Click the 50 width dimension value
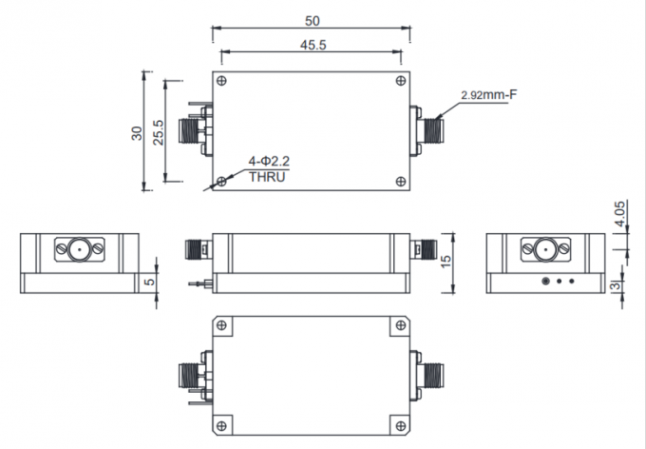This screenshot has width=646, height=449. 312,20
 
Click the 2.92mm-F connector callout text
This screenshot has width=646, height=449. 487,95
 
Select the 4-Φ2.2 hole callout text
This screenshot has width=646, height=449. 268,162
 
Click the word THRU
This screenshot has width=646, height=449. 266,177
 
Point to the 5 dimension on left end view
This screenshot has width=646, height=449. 149,283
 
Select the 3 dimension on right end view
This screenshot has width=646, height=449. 617,285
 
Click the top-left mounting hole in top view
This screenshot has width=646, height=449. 221,79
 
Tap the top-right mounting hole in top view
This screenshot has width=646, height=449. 405,79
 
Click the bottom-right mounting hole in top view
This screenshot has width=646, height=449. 405,180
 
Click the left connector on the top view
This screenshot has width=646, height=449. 199,129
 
